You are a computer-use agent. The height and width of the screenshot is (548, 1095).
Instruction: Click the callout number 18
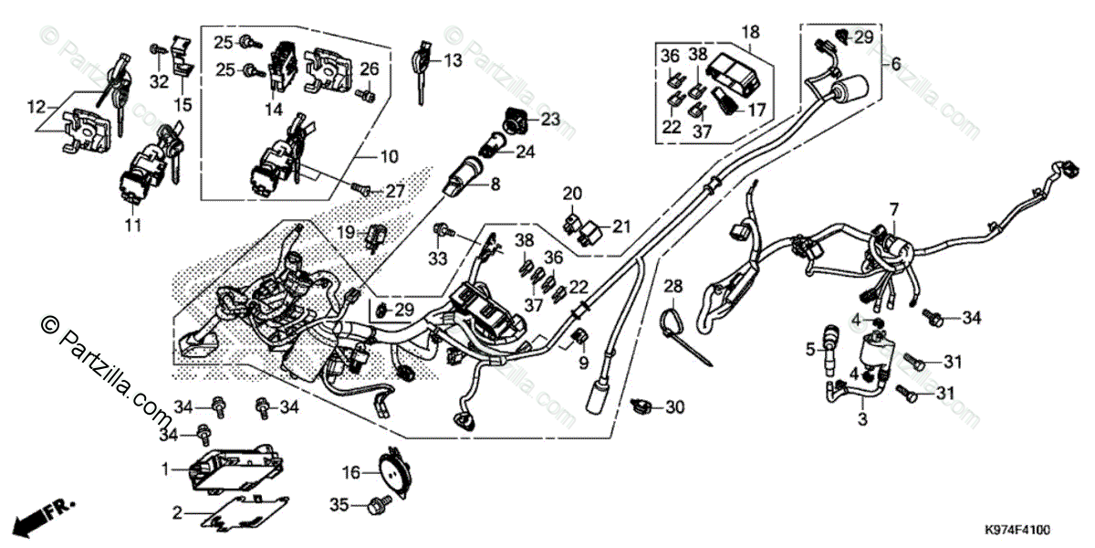click(750, 32)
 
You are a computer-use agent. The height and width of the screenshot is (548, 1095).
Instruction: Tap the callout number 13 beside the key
click(453, 60)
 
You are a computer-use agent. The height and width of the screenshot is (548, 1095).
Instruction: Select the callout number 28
click(673, 287)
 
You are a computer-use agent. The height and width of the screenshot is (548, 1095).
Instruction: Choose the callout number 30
click(674, 406)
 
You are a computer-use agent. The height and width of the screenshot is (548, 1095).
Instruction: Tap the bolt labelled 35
click(375, 503)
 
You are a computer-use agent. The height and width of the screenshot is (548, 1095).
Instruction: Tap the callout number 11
click(134, 224)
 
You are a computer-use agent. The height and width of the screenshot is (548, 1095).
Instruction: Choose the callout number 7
click(894, 209)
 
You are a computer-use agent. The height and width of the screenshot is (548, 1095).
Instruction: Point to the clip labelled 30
click(641, 404)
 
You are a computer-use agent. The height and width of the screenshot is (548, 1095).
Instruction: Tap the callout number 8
click(495, 184)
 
